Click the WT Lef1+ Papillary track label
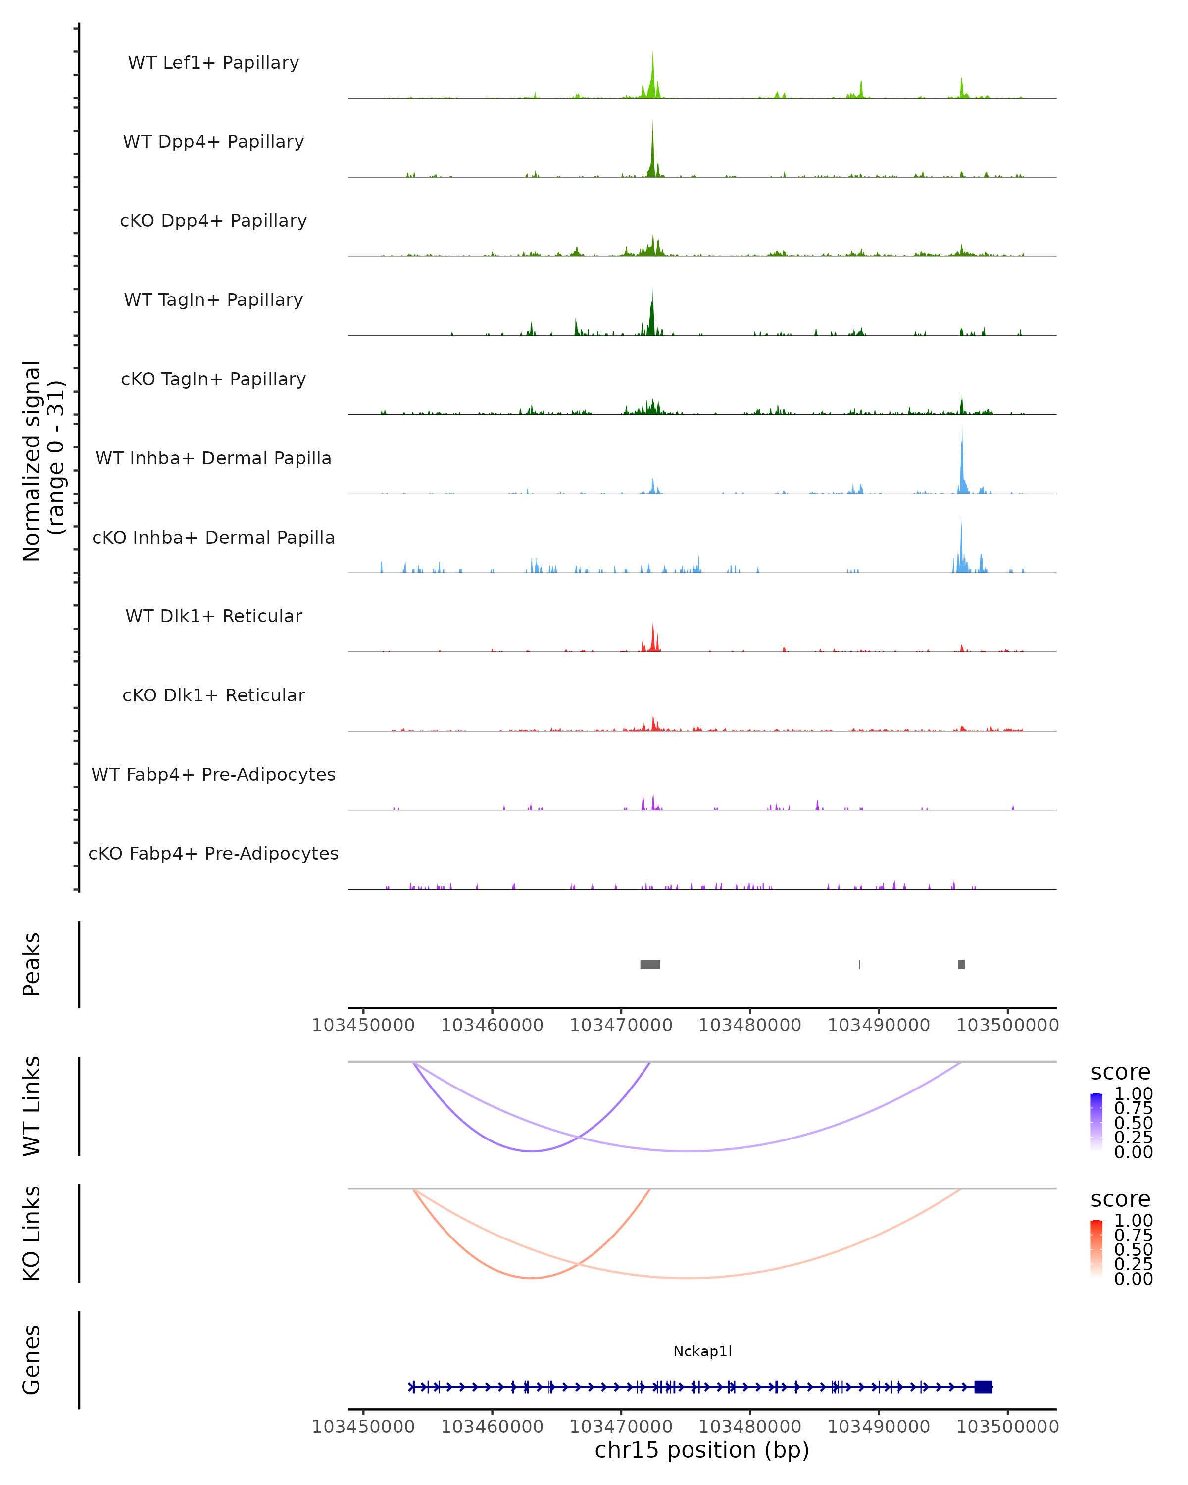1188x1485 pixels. click(213, 63)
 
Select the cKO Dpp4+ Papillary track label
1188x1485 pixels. click(213, 221)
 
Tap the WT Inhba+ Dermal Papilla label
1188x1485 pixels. click(213, 459)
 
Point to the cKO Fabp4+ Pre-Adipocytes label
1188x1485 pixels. click(213, 854)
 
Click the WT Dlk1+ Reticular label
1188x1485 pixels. click(213, 616)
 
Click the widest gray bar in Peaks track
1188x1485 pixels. click(650, 964)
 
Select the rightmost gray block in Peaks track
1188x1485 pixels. click(961, 964)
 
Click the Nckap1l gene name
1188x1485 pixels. click(702, 1351)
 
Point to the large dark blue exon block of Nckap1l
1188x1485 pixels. click(984, 1387)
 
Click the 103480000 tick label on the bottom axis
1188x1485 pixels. click(750, 1427)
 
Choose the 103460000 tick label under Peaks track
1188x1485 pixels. click(493, 1025)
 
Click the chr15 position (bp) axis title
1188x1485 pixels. click(702, 1450)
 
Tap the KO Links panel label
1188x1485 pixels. click(32, 1233)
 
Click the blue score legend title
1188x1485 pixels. click(1121, 1073)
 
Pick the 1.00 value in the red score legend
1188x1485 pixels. click(1134, 1221)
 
